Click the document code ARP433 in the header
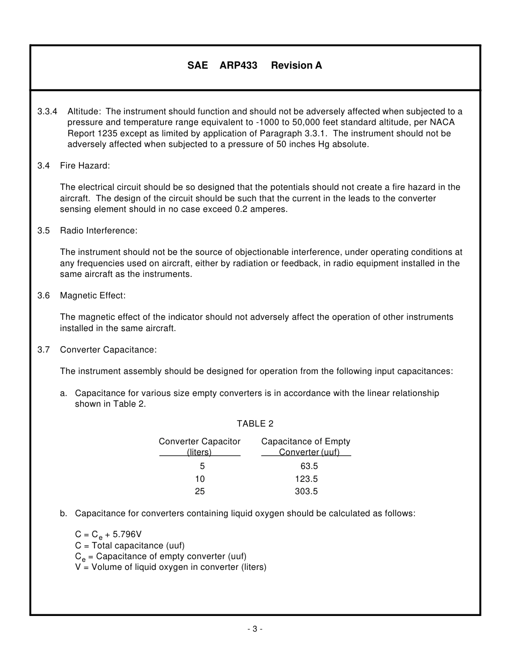238,65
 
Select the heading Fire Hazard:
85,166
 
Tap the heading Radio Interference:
99,231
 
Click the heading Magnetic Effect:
93,296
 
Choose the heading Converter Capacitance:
108,350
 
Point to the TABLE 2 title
255,424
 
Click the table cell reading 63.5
309,466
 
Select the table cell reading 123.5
307,479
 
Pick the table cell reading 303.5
307,491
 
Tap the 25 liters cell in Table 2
200,491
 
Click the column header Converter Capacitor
200,442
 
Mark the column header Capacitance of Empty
305,442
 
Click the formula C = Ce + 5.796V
108,535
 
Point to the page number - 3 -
255,629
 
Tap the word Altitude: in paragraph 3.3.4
84,112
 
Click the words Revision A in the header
296,65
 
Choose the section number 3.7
43,350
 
